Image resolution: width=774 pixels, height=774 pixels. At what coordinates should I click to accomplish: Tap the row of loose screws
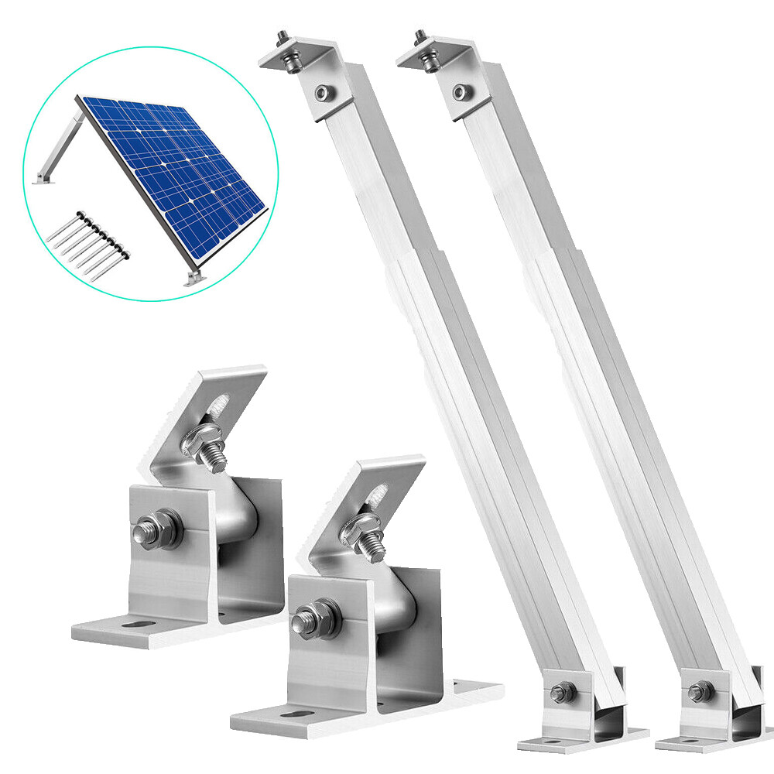87,240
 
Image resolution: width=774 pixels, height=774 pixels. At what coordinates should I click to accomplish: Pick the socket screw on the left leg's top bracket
322,94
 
